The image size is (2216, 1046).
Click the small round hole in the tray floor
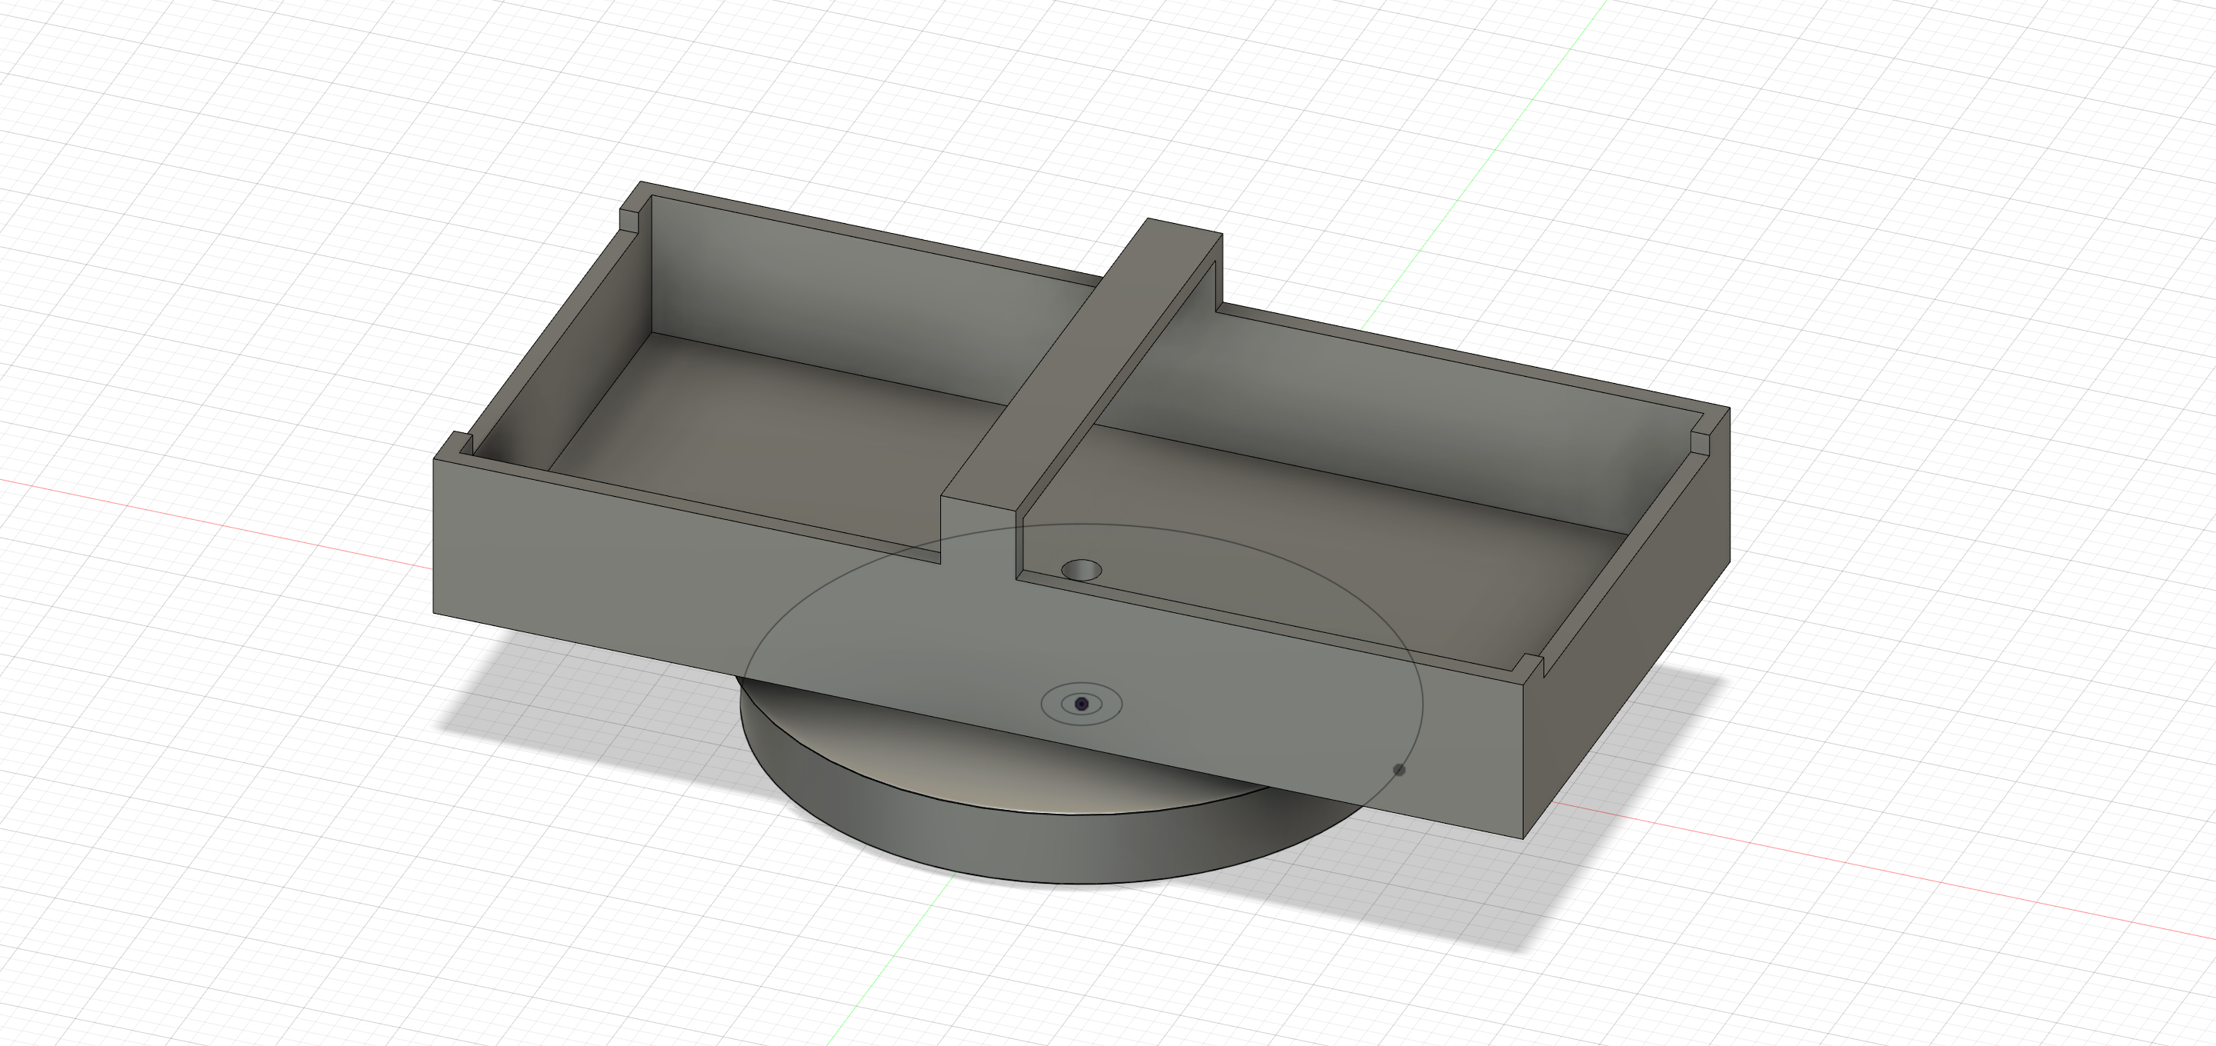pyautogui.click(x=1081, y=569)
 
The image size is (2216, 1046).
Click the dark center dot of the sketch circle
pyautogui.click(x=1081, y=704)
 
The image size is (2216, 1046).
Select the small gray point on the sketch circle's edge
pyautogui.click(x=1399, y=770)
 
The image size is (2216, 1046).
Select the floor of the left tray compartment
pyautogui.click(x=774, y=430)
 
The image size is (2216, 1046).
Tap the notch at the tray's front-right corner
pyautogui.click(x=1530, y=666)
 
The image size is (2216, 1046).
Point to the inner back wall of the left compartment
pyautogui.click(x=860, y=301)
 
